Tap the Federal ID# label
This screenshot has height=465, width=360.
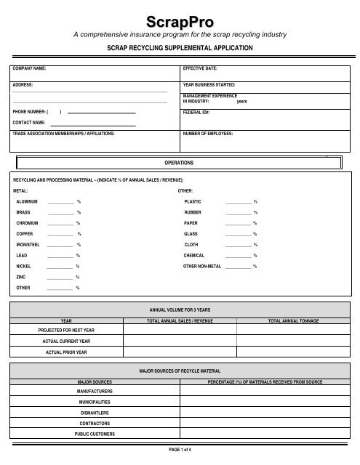point(197,114)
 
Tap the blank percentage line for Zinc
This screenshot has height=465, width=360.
point(60,277)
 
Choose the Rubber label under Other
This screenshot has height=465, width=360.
point(194,212)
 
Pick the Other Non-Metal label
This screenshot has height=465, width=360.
point(203,267)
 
